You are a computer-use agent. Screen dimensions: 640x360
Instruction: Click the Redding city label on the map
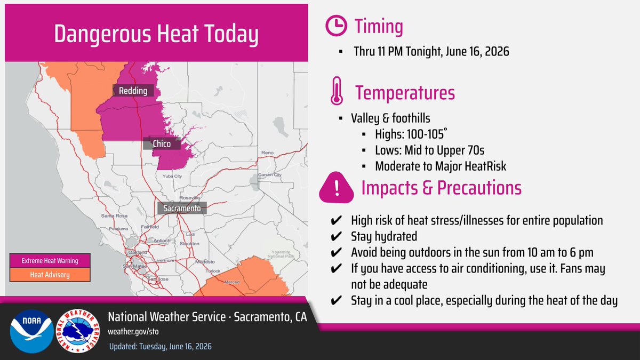coord(133,91)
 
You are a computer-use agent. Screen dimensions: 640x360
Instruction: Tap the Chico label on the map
coord(162,143)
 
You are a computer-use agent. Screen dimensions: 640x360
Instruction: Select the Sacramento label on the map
coord(182,209)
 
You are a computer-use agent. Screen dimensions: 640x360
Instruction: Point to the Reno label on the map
coord(267,153)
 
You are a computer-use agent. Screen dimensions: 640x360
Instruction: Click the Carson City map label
coord(270,174)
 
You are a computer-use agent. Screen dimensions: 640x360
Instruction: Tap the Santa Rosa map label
coord(114,215)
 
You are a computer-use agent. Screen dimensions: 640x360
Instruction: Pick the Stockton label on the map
coord(189,243)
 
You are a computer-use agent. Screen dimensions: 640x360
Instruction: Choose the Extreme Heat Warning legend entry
coord(50,261)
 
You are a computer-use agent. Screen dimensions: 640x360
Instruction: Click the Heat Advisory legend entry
coord(50,275)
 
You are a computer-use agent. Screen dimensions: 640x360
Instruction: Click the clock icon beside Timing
coord(337,26)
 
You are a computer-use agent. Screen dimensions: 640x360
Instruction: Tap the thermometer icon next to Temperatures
coord(337,91)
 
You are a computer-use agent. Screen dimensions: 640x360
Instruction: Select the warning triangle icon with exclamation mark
coord(337,188)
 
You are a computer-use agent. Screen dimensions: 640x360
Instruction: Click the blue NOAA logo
coord(31,331)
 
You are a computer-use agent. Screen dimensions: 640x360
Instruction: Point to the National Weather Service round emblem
coord(78,331)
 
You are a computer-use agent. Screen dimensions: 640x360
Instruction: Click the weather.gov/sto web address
coord(133,331)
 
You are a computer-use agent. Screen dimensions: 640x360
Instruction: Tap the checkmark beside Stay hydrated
coord(336,236)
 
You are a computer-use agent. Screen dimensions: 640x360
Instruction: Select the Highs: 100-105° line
coord(411,134)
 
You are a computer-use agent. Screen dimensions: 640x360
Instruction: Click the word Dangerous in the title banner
coord(102,34)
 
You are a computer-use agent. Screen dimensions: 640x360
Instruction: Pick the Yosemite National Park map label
coord(281,254)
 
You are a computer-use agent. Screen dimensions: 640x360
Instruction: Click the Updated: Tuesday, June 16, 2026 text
coord(161,346)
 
